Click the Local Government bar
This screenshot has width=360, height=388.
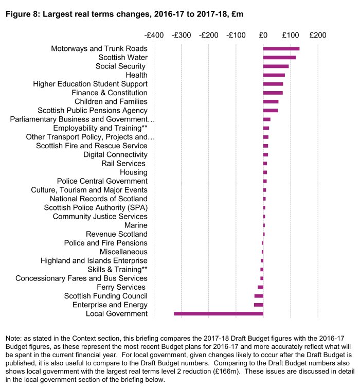(219, 313)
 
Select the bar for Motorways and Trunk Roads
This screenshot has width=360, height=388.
(281, 48)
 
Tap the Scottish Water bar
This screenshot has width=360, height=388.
(279, 57)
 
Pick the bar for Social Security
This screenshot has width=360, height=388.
(276, 66)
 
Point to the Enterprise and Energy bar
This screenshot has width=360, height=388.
(259, 305)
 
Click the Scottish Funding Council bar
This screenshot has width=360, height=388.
(259, 296)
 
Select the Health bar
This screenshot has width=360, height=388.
(274, 75)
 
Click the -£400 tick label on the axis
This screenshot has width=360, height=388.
(154, 36)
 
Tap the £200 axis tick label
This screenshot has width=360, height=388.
(318, 36)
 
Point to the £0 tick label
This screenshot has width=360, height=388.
(263, 36)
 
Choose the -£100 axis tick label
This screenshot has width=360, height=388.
(236, 36)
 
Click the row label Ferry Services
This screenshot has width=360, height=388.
(122, 287)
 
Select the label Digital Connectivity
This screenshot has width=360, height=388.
(115, 154)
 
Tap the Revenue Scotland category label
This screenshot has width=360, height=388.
(117, 234)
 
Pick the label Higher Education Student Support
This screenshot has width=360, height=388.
(90, 84)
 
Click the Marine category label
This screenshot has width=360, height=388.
(136, 225)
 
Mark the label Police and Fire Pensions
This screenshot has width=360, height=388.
(105, 243)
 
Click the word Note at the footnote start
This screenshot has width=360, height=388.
(13, 339)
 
